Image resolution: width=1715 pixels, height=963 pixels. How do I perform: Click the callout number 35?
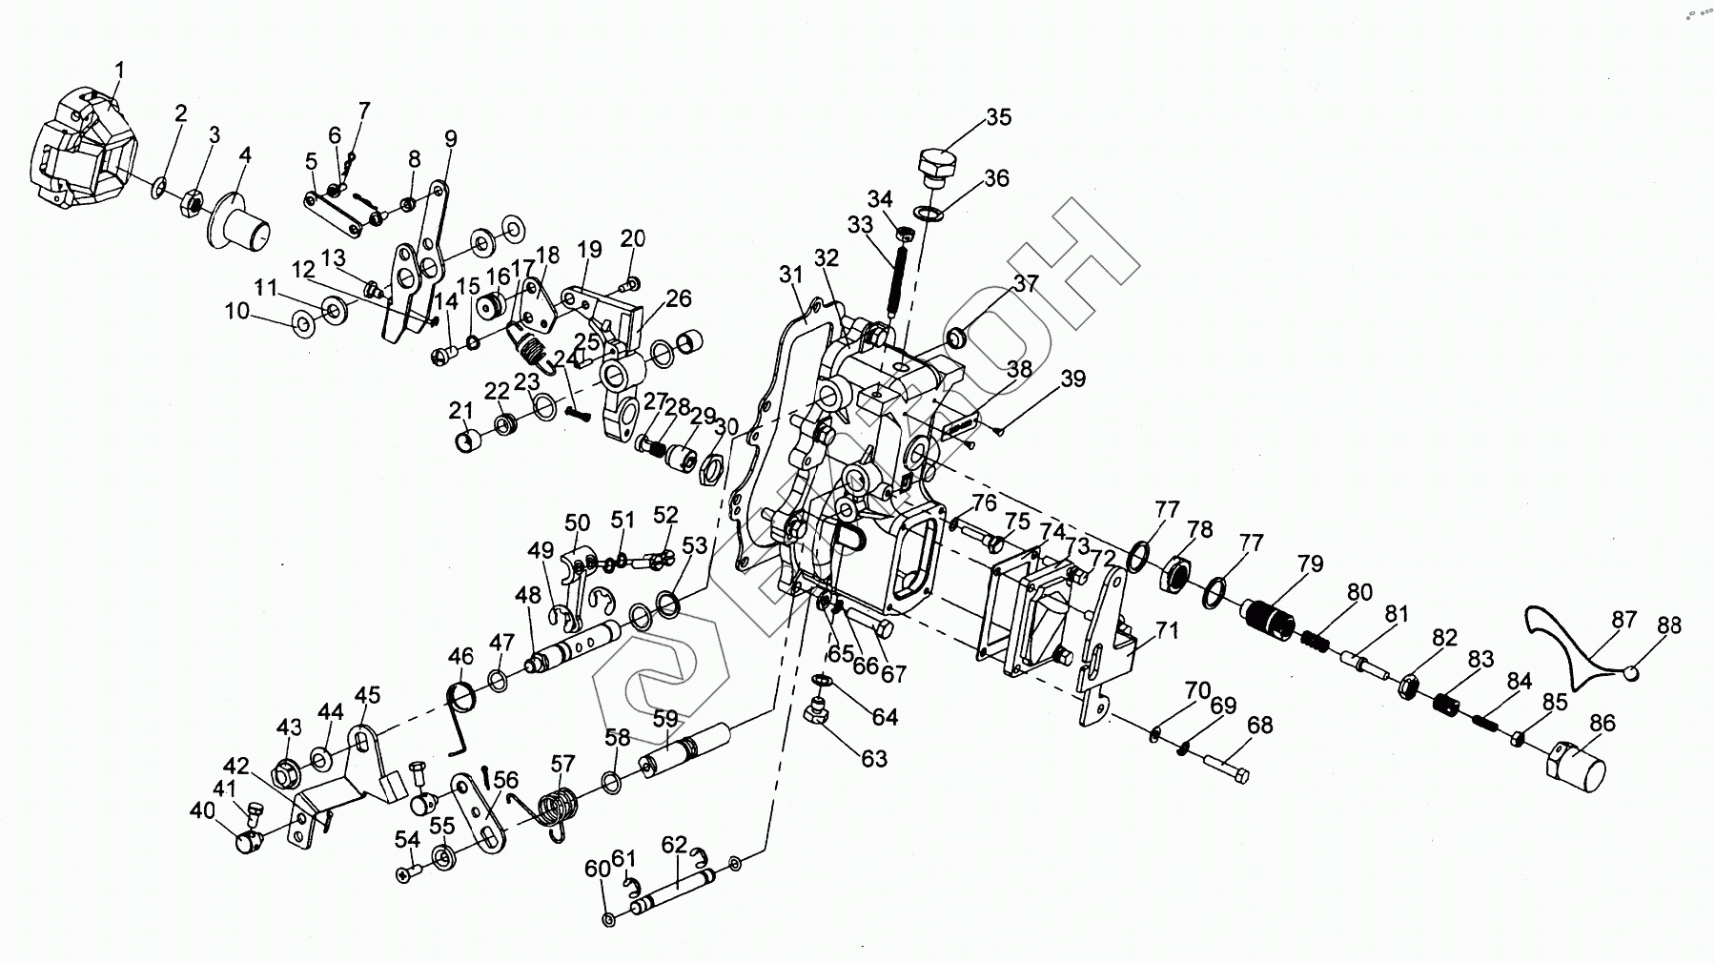998,117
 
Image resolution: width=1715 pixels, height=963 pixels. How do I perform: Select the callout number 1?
119,70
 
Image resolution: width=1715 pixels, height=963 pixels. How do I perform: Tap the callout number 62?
673,844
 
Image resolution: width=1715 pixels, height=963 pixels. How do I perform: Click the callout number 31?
791,275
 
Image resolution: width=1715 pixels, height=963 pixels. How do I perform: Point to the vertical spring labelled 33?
897,273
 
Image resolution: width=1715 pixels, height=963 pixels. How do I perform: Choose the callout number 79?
1310,563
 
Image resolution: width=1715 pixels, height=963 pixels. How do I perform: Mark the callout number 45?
367,696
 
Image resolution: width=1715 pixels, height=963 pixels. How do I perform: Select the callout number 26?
678,299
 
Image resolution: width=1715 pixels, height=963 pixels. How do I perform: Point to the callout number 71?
1167,631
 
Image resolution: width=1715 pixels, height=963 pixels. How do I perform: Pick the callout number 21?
461,410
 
